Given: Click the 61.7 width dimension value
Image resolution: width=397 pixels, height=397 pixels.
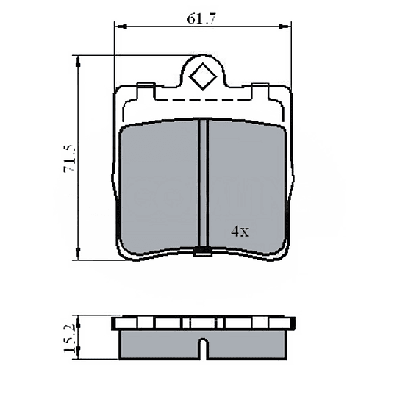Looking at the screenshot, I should [201, 20].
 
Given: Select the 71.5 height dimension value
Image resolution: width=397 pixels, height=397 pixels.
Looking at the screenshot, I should [69, 159].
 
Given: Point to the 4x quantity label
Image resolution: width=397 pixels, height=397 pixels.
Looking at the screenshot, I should [240, 231].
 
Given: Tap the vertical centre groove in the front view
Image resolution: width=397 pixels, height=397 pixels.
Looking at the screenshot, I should [204, 184].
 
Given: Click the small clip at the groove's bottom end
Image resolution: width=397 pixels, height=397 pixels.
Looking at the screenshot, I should [204, 253].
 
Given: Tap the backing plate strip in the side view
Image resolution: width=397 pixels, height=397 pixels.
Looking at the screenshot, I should [203, 323].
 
